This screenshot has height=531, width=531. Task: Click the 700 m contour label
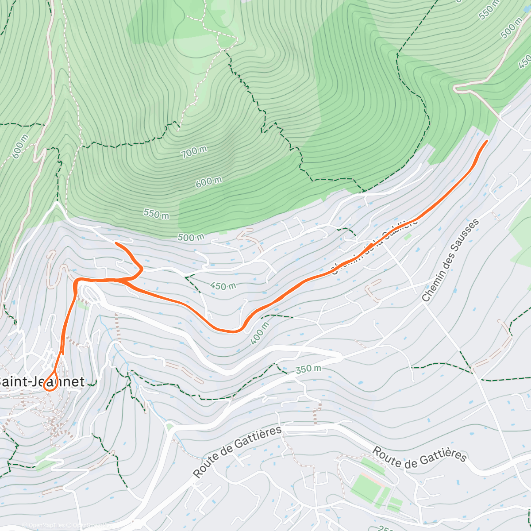coord(194,152)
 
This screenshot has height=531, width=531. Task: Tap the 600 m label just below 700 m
coord(208,181)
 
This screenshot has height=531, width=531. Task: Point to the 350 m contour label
coord(308,369)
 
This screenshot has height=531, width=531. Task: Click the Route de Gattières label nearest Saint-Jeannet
coord(237,451)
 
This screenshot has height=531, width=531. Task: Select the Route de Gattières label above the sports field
coord(419,455)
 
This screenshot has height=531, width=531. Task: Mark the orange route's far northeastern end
coord(487,141)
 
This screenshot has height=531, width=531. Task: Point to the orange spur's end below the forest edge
coord(116,243)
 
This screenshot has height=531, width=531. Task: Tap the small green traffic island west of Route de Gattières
coord(169,427)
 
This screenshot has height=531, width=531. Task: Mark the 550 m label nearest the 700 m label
coord(156,214)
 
